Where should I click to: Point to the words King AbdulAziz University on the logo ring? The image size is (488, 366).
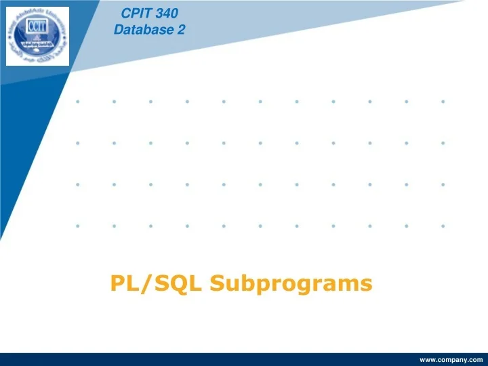click(37, 8)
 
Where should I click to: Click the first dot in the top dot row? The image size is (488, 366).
click(78, 102)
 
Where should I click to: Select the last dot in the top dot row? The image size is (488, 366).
click(443, 102)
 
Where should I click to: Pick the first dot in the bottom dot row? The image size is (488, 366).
click(78, 226)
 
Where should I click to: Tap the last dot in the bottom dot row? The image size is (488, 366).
click(443, 226)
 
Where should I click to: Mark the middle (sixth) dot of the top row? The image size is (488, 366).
click(260, 102)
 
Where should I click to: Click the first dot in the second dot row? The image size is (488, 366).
click(78, 143)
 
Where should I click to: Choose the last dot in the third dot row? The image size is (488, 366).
click(443, 184)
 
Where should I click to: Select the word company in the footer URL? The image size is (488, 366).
click(452, 360)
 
